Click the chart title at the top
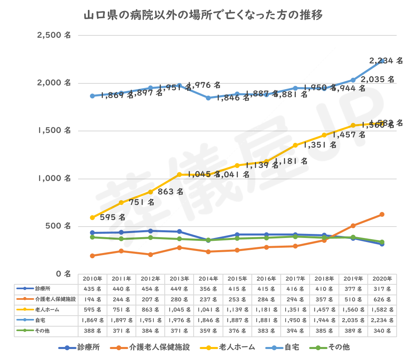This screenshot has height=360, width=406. coord(203,16)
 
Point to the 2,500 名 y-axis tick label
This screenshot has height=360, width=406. coord(54,35)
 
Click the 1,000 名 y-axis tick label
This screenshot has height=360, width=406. coord(54,178)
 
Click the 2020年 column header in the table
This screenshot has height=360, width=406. coord(382,279)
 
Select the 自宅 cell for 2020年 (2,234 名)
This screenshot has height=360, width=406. coord(382,321)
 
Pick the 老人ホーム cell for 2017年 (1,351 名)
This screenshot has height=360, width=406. coord(295,310)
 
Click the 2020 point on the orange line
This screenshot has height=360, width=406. coord(382,214)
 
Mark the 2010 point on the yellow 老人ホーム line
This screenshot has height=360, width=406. coord(92,218)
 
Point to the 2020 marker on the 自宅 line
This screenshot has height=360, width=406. coord(382,61)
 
